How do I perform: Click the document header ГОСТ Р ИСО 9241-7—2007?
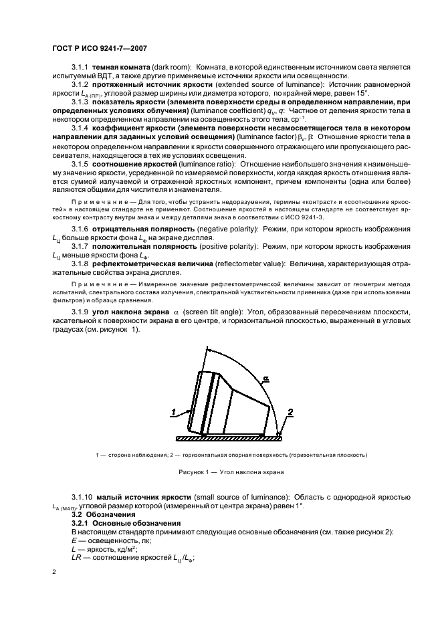pyautogui.click(x=99, y=48)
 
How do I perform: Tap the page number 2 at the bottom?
pyautogui.click(x=55, y=572)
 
